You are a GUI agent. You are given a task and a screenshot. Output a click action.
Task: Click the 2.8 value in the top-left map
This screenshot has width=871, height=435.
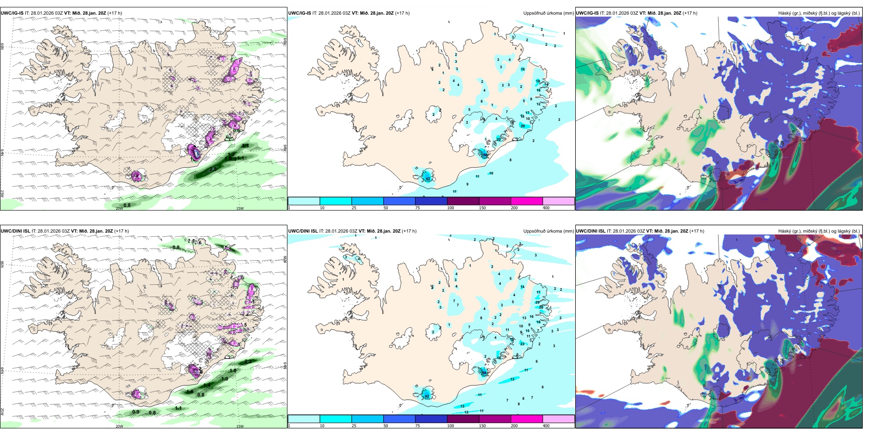click(213, 169)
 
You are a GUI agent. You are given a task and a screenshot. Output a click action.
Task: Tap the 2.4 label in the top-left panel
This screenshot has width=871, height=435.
click(136, 176)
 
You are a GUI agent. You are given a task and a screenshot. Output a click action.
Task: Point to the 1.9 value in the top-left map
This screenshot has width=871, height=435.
click(235, 69)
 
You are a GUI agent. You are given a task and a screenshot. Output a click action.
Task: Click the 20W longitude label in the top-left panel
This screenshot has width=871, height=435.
click(119, 208)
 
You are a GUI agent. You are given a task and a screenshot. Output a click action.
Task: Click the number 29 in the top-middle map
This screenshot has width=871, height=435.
click(523, 126)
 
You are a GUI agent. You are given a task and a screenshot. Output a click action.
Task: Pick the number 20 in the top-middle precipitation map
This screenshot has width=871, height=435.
click(499, 139)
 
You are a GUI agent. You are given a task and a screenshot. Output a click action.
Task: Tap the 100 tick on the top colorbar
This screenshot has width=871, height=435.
click(451, 208)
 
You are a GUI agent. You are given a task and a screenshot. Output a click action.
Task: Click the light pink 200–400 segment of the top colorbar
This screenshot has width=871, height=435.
click(558, 201)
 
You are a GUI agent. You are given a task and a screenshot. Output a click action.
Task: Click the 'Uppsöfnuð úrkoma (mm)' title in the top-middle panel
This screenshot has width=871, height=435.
click(548, 13)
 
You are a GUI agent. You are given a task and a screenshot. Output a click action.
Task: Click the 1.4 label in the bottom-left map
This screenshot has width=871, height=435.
click(207, 385)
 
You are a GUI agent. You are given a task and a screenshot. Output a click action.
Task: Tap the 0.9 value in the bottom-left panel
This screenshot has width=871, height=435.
click(136, 412)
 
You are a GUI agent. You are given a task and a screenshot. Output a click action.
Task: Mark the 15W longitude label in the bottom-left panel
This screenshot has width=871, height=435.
click(240, 426)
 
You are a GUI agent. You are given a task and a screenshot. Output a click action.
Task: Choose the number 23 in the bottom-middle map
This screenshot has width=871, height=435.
click(522, 343)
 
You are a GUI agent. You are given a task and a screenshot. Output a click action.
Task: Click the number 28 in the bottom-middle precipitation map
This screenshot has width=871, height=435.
click(541, 307)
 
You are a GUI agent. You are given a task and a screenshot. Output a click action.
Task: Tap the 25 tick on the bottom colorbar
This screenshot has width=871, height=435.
click(354, 426)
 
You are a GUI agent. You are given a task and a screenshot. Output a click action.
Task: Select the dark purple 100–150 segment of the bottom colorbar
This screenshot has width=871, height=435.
click(463, 419)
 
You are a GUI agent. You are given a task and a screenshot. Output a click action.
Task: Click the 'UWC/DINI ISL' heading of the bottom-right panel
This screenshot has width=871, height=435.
click(591, 231)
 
